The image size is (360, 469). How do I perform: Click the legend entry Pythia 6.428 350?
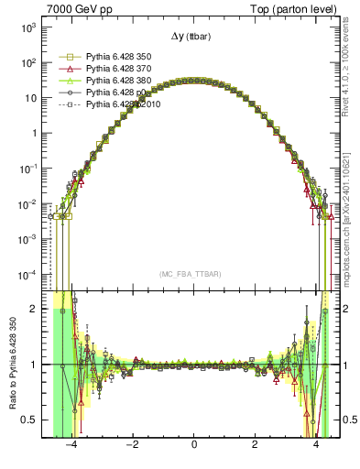[x=118, y=56]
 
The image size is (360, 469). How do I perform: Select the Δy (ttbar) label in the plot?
[x=193, y=36]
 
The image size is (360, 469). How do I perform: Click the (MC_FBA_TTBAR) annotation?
[x=193, y=274]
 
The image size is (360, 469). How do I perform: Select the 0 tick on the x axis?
[x=193, y=445]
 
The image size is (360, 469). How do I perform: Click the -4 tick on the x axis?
[x=71, y=445]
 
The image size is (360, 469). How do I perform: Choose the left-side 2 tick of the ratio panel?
[x=37, y=309]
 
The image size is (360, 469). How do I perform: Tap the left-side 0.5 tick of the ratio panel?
[x=33, y=420]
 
